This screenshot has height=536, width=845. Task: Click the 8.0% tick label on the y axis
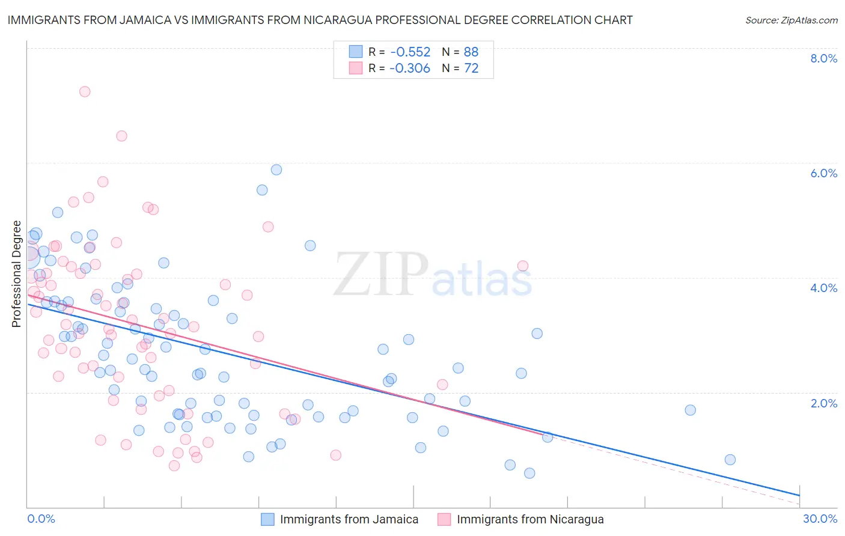pos(823,58)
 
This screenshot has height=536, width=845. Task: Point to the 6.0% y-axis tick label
pos(823,173)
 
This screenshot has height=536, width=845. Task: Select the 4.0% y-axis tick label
pos(823,288)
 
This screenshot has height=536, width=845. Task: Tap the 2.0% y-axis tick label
pos(823,403)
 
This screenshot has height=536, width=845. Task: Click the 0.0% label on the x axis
pos(41,519)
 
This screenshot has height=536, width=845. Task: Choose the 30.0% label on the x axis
pos(820,519)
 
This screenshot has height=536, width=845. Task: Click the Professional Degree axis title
pos(16,274)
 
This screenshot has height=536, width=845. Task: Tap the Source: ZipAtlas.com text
pos(791,20)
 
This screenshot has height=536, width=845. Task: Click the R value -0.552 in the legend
pos(410,52)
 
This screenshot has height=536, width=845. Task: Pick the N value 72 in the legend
pos(471,69)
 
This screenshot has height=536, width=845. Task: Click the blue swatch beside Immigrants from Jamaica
pos(267,519)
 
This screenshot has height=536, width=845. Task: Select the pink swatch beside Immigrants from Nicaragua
pos(444,519)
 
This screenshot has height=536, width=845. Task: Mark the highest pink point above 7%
pos(85,91)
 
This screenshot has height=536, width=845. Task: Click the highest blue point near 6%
pos(276,169)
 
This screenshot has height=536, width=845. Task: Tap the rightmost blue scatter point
pos(730,460)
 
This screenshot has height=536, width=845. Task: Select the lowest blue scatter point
pos(529,473)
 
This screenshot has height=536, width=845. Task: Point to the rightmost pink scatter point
pos(523,266)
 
